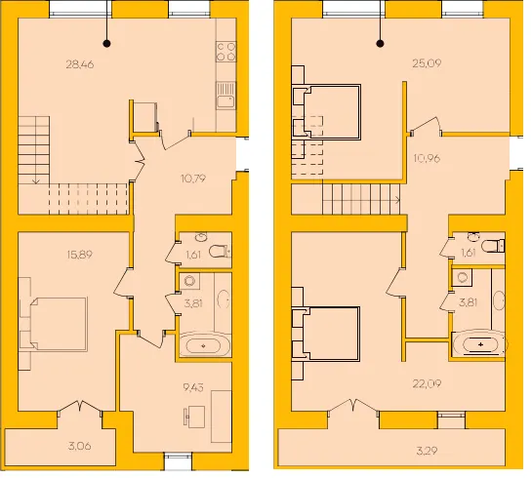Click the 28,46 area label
[x=80, y=64]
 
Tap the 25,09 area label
[x=427, y=63]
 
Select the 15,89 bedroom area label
[x=80, y=255]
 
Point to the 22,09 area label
[x=427, y=383]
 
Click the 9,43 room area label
[x=193, y=387]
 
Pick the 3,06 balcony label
[x=80, y=446]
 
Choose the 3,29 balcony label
[x=427, y=451]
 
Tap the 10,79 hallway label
[x=193, y=179]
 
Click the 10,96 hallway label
[x=427, y=158]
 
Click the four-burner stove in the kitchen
[x=226, y=52]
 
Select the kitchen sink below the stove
[x=226, y=96]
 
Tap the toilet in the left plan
[x=220, y=252]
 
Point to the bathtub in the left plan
[x=204, y=345]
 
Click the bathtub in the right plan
[x=479, y=344]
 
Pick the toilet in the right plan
[x=493, y=246]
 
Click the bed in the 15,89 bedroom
[x=59, y=324]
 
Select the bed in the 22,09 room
[x=331, y=334]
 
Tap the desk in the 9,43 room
[x=194, y=417]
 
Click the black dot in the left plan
[x=106, y=43]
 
